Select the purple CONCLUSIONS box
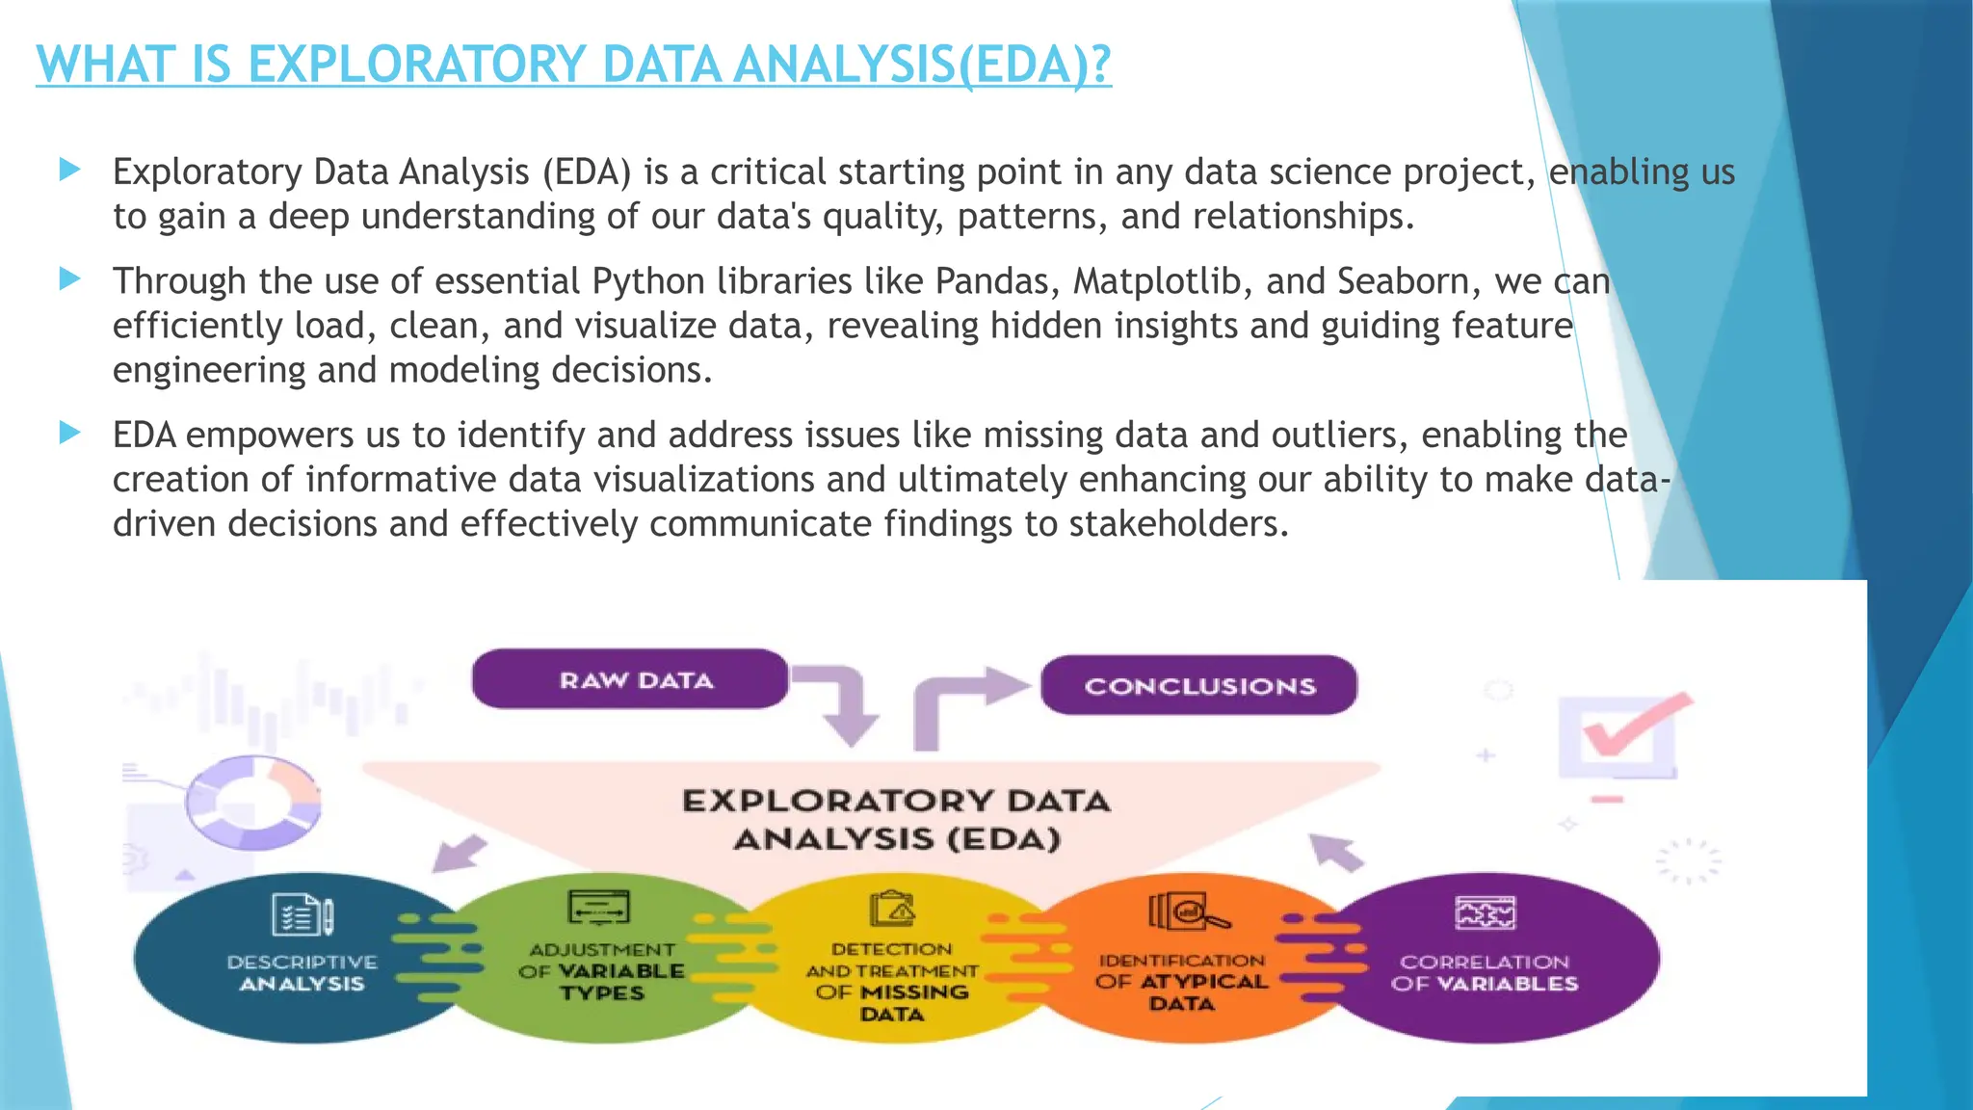point(1198,686)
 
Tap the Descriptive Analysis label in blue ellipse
point(302,973)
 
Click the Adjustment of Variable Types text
point(601,971)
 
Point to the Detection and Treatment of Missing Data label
point(892,981)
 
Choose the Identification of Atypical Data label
point(1181,982)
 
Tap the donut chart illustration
point(252,802)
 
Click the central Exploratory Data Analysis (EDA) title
point(896,819)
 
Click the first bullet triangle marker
point(69,171)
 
